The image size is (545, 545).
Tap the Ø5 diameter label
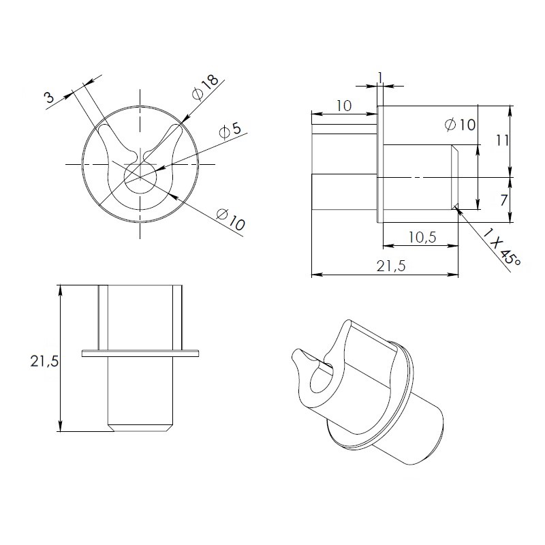[230, 131]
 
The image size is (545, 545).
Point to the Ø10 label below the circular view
[230, 219]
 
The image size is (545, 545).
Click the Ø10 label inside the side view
[460, 125]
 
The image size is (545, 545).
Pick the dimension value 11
[502, 140]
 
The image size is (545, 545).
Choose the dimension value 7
[503, 200]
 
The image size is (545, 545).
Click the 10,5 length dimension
[422, 237]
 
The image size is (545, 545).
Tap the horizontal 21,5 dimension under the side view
[390, 266]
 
